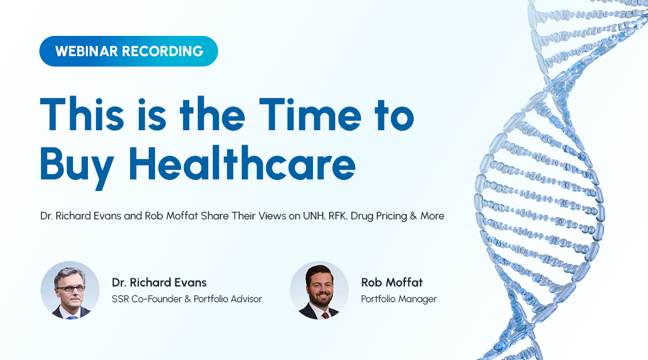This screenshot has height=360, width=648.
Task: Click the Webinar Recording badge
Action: pos(128,52)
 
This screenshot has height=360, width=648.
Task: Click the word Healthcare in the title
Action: pos(242,164)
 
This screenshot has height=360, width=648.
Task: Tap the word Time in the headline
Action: pos(310,115)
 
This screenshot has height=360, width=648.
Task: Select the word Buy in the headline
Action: pos(77,167)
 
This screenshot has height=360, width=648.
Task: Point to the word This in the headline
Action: pos(82,115)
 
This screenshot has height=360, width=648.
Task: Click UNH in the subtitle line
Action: pos(314,216)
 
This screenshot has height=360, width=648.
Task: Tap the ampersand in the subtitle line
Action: pos(413,216)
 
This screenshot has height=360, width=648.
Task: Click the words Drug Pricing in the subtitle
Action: pos(378,216)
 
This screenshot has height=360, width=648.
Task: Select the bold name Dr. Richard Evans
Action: pos(159,282)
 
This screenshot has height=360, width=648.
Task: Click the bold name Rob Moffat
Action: pos(392,282)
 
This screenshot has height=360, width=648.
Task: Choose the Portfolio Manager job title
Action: pos(399,299)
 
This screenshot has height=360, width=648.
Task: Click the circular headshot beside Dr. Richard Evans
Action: pos(70,290)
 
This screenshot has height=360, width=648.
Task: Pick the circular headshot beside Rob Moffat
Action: pos(319,290)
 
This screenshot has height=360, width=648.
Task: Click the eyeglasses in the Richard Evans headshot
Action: pos(71,288)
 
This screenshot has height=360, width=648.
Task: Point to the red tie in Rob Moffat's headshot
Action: pos(325,315)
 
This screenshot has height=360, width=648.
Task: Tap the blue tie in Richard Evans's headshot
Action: pos(73,317)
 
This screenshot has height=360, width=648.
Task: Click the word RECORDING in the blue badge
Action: pos(163,52)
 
